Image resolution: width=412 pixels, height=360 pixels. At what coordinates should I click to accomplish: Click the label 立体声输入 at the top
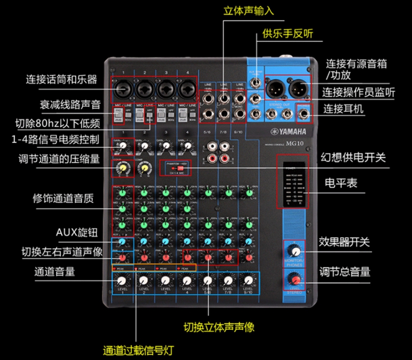(249, 10)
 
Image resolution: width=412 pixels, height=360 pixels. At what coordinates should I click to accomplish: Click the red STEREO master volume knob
(295, 280)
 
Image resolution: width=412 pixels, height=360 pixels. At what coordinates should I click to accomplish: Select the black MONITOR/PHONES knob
(295, 251)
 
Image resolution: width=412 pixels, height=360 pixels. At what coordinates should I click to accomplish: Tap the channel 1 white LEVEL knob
(122, 281)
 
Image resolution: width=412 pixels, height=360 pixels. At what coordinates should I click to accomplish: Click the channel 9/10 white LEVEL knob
(249, 281)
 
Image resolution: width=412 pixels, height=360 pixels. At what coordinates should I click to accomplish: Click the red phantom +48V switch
(180, 168)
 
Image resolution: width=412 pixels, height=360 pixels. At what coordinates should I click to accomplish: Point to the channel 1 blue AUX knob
(122, 242)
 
